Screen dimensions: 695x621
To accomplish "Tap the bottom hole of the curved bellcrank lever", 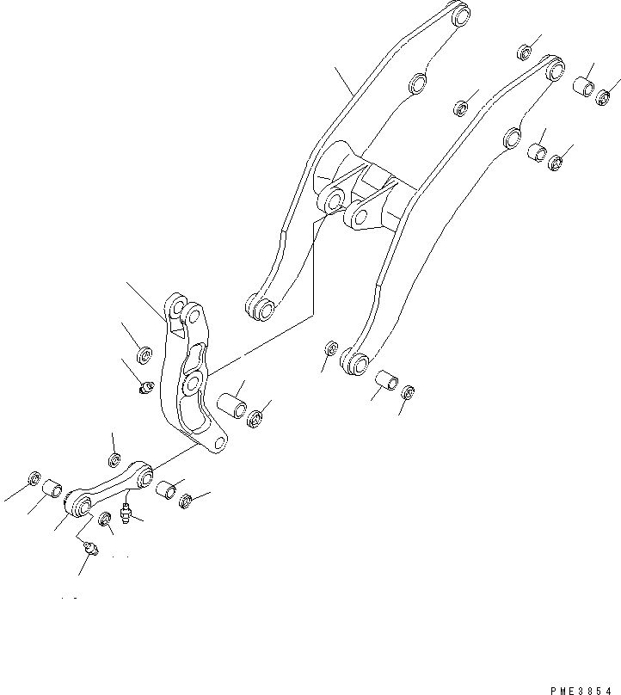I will pos(221,442).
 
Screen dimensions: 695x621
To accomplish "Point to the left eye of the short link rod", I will pos(83,505).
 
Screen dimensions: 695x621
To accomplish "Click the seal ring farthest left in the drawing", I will pos(34,477).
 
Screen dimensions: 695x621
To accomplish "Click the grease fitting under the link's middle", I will pos(126,514).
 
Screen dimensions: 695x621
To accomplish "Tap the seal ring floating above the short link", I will pos(114,457).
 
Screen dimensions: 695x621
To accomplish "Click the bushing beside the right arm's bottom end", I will pos(386,379).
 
